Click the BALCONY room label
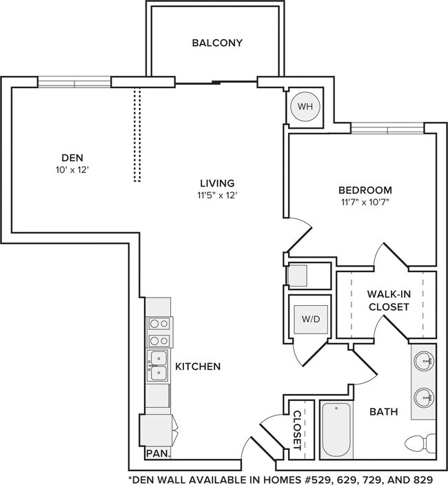click(217, 43)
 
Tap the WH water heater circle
click(305, 107)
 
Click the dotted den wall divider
click(137, 134)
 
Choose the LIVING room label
click(217, 183)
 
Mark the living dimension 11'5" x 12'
click(217, 195)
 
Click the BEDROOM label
click(365, 190)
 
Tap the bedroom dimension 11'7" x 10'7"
click(365, 203)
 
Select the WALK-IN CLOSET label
click(389, 300)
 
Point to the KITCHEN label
click(198, 367)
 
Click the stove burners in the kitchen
click(159, 331)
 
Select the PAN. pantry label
click(158, 454)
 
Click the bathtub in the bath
click(337, 430)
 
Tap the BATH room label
click(384, 412)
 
